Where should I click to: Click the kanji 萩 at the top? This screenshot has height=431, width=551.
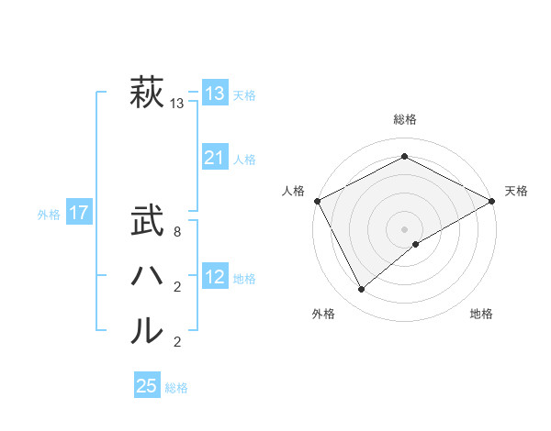click(x=146, y=94)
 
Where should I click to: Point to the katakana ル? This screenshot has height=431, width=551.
click(x=146, y=330)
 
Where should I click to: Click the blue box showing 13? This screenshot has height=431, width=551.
click(x=214, y=94)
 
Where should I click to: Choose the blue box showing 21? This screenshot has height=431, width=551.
click(x=214, y=159)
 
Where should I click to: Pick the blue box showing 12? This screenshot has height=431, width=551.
click(x=214, y=278)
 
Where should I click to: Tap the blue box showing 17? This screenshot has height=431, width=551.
click(x=78, y=214)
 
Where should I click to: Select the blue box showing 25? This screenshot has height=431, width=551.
click(x=146, y=386)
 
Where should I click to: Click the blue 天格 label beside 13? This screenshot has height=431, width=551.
click(x=243, y=95)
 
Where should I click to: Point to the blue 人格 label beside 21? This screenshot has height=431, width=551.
click(x=243, y=160)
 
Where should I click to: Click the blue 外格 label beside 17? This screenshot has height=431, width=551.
click(x=49, y=215)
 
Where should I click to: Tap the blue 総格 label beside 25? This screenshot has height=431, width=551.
click(x=176, y=388)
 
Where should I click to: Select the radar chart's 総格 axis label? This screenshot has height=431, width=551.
click(x=404, y=119)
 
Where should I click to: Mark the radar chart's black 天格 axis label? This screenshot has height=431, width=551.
click(x=516, y=191)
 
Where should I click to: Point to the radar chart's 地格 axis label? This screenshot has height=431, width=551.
click(x=481, y=314)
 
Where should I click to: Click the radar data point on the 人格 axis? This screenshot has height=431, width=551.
click(x=317, y=201)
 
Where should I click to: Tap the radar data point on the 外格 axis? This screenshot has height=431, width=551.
click(x=362, y=290)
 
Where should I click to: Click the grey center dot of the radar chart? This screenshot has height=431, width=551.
click(x=404, y=228)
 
